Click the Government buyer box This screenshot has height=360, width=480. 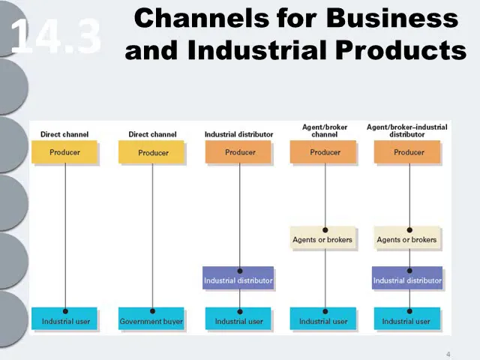(x=151, y=319)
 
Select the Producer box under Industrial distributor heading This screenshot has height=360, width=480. (x=238, y=151)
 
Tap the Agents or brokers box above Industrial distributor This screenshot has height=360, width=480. (x=406, y=238)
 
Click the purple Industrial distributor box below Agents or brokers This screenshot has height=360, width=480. (x=407, y=277)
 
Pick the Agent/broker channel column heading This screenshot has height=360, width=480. (x=325, y=130)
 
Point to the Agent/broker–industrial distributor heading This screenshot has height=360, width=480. (x=406, y=130)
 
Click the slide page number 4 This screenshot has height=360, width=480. (x=448, y=355)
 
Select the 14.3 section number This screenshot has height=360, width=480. (x=55, y=36)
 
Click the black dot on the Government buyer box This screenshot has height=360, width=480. (x=152, y=311)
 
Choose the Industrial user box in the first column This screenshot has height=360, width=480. (x=64, y=319)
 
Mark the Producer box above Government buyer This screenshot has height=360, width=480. (x=151, y=151)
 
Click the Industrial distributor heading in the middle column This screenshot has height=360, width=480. (x=238, y=134)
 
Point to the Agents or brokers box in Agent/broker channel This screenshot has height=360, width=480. (x=323, y=238)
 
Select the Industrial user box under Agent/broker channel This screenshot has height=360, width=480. (x=323, y=319)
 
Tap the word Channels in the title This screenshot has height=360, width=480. (x=202, y=18)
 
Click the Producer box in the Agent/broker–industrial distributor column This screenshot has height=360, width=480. (x=407, y=151)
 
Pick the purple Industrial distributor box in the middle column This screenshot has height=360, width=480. (x=238, y=277)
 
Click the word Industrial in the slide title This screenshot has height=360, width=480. (x=258, y=50)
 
